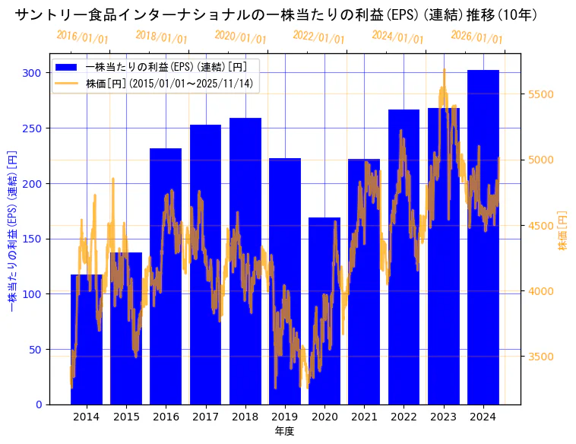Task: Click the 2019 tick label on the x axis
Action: [284, 417]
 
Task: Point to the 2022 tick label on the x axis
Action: [404, 417]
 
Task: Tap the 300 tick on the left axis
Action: [32, 73]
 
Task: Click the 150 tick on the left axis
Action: [32, 239]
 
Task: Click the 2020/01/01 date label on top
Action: [240, 38]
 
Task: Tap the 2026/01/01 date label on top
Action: [476, 38]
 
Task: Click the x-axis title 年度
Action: [284, 431]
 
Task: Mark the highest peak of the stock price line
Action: [444, 70]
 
